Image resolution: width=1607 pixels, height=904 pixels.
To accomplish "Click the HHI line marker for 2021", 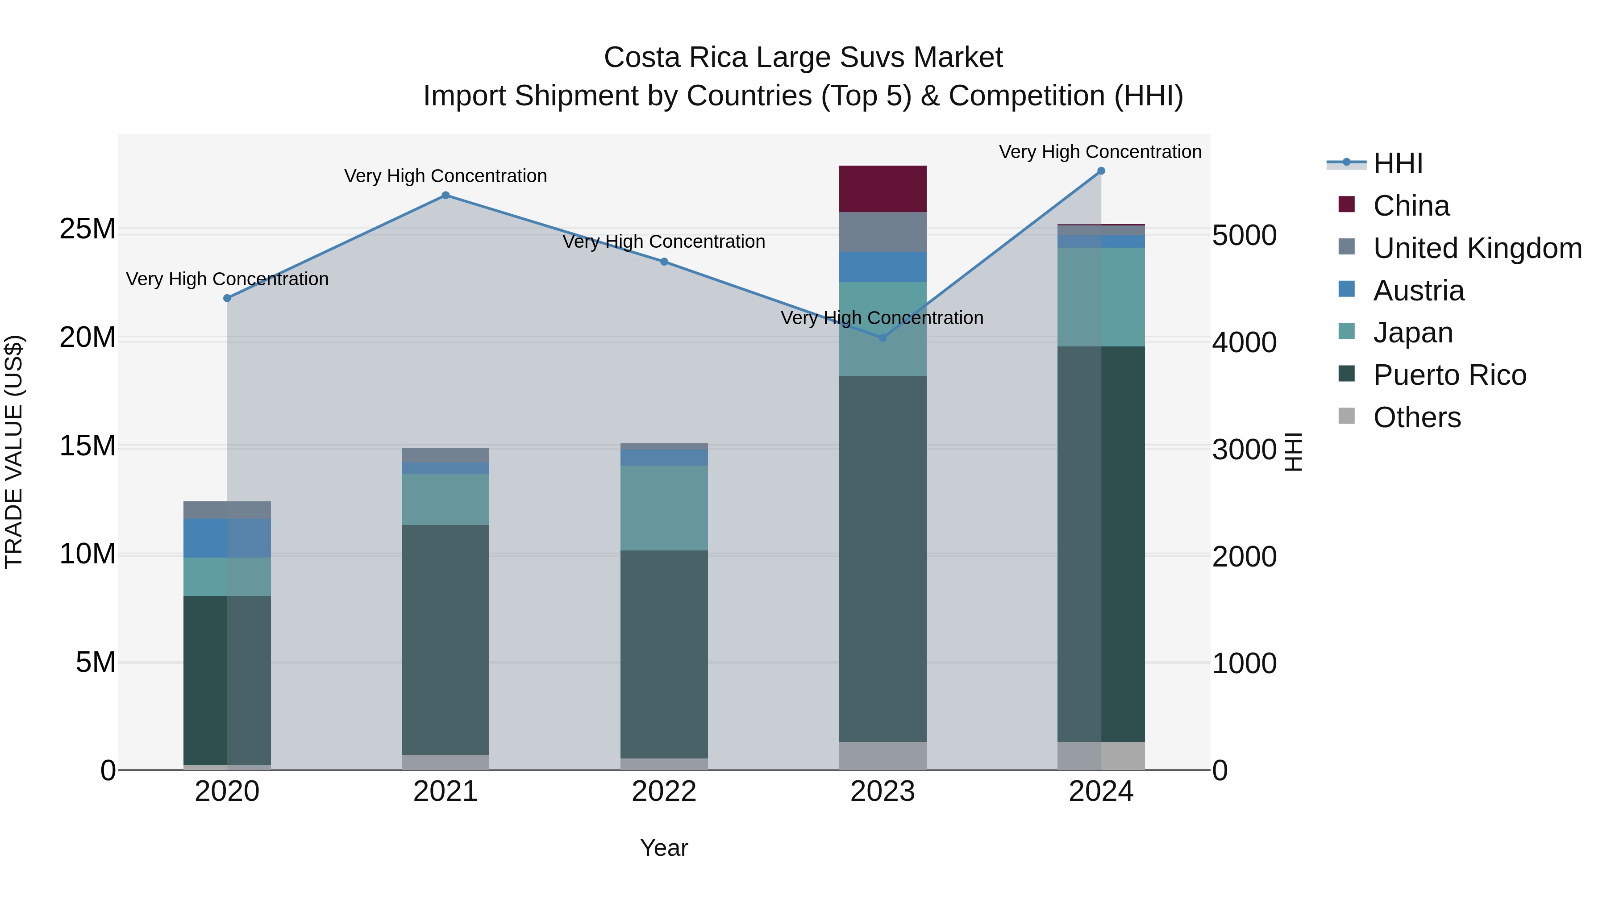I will pos(445,195).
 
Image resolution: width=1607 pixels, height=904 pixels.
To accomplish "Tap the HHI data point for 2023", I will pos(882,337).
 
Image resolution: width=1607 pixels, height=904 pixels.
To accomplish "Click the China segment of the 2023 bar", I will pos(882,189).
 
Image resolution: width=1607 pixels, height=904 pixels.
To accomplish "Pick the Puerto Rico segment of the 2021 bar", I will pos(445,639).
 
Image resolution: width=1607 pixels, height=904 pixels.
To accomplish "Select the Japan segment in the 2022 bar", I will pos(664,508).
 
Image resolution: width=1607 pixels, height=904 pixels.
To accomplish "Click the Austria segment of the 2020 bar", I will pos(227,538).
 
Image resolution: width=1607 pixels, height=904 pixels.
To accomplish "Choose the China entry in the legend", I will pos(1411,206).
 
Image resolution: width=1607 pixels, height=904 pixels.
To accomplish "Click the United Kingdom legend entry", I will pos(1477,248).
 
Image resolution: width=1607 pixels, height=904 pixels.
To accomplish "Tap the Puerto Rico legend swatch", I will pos(1347,375).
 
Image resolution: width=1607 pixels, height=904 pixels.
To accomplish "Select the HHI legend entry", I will pos(1397,163).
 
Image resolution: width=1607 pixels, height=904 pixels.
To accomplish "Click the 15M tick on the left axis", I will pos(87,446).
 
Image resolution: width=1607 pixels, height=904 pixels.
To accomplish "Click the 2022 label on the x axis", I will pos(664,792).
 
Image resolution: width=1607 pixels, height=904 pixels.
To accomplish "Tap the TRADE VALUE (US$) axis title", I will pos(14,452).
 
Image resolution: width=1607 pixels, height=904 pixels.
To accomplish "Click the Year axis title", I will pos(664,848).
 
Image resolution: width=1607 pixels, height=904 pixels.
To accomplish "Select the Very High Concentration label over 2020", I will pos(227,279).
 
